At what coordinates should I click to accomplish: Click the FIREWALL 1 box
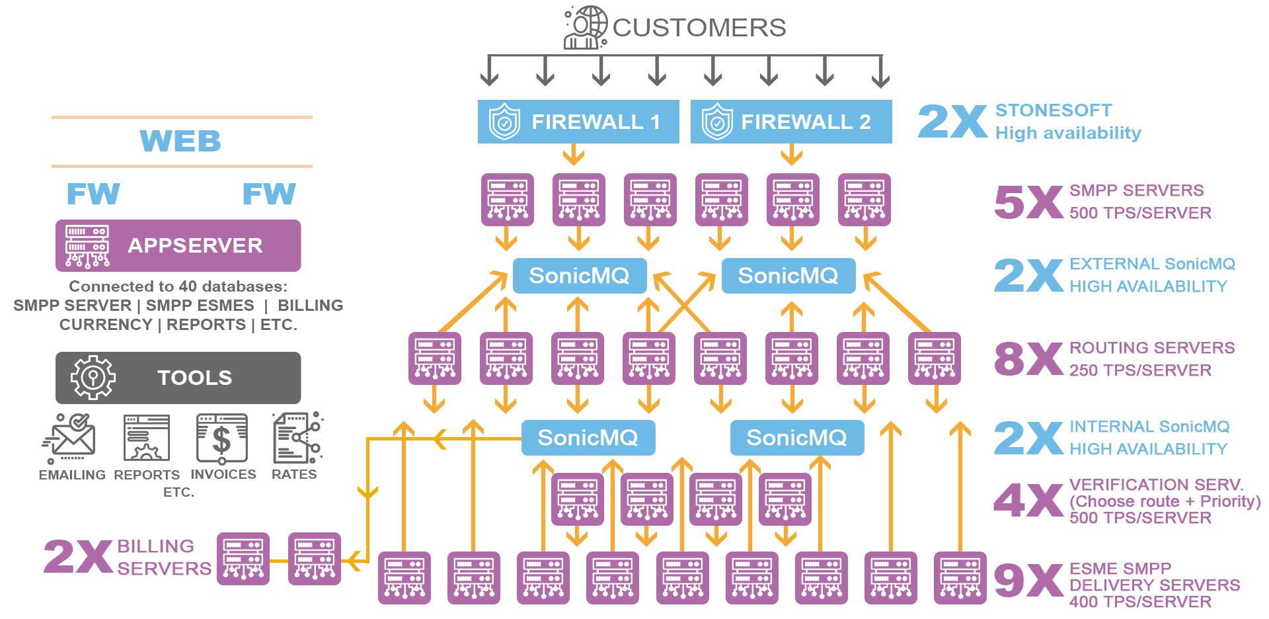click(578, 122)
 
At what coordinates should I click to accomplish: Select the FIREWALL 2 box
click(790, 122)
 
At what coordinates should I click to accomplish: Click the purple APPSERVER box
click(178, 245)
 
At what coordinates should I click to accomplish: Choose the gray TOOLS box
click(178, 378)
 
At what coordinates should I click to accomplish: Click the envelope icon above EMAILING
click(70, 438)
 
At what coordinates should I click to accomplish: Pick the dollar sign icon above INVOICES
click(222, 438)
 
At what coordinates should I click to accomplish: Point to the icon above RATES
click(297, 437)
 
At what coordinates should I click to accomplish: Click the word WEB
click(180, 141)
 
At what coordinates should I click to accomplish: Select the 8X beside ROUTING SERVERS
click(1028, 359)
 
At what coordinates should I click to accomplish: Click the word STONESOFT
click(1053, 110)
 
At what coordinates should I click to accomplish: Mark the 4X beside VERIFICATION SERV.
click(1028, 501)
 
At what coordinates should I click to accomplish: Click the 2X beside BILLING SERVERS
click(78, 557)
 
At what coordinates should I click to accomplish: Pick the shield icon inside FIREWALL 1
click(504, 122)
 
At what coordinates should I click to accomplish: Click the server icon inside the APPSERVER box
click(87, 246)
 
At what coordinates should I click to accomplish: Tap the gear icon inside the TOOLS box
click(93, 378)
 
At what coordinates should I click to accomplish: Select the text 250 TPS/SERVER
click(1140, 370)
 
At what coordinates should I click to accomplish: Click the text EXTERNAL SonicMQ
click(1152, 264)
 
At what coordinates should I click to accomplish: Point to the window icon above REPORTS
click(147, 438)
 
